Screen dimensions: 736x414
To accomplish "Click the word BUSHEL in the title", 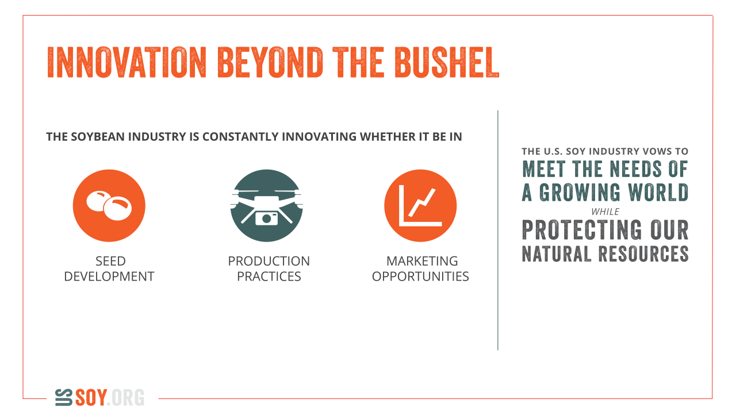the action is (447, 63).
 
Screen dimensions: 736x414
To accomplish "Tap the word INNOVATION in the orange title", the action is (127, 63).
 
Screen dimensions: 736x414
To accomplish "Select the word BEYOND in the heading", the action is (270, 63).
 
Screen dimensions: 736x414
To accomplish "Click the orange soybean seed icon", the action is (109, 206).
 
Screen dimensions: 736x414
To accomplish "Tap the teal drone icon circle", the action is (266, 206).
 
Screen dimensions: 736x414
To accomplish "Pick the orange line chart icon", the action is (420, 206).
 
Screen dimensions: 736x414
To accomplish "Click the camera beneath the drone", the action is (266, 218).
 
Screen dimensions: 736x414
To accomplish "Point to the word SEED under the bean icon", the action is (110, 261).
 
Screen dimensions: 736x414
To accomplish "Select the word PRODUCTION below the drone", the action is (269, 261).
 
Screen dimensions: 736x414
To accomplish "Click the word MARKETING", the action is (422, 261).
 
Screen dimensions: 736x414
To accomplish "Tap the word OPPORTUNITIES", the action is (420, 277).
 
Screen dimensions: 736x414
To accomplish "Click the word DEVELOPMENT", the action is (109, 277).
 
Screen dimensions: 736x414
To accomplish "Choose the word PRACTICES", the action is (269, 277).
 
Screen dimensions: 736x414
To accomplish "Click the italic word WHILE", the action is (605, 212).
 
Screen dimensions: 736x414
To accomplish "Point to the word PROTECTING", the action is (581, 229).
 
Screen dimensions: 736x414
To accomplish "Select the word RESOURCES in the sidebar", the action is (643, 254).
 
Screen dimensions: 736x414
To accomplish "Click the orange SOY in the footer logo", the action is (91, 397).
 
